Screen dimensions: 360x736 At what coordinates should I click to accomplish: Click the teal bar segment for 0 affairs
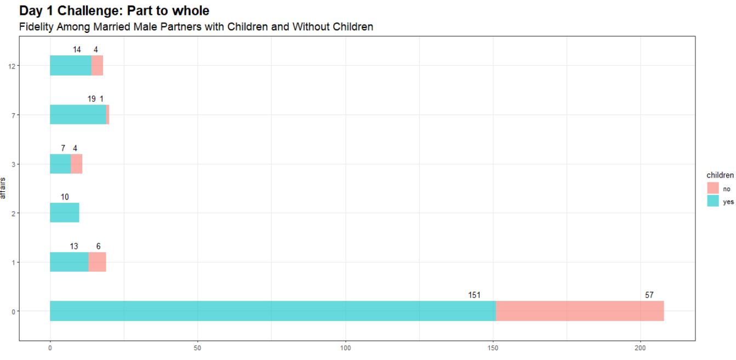tap(273, 311)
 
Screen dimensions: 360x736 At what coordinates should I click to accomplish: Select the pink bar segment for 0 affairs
tap(580, 311)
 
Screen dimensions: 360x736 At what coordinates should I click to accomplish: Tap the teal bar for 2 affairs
tap(65, 213)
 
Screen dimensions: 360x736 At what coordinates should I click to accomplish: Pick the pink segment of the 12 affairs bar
tap(97, 66)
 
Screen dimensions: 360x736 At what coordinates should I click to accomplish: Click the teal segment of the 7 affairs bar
tap(78, 115)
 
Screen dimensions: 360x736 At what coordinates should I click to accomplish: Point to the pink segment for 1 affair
tap(97, 262)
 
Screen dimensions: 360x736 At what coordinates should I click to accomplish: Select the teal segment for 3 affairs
tap(60, 164)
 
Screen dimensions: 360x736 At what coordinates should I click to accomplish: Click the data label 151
tap(474, 295)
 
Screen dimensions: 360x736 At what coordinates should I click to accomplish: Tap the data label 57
tap(649, 295)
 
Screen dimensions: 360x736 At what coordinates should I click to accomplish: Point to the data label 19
tap(92, 99)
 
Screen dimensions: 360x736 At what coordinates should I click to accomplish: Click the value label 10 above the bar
tap(65, 197)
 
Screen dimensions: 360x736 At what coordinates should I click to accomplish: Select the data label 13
tap(73, 247)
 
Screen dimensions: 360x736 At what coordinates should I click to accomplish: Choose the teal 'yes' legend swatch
tap(713, 201)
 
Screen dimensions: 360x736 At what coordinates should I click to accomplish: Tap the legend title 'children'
tap(720, 175)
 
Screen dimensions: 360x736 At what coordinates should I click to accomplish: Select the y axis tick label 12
tap(12, 66)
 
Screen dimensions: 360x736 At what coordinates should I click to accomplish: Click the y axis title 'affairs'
tap(4, 188)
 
